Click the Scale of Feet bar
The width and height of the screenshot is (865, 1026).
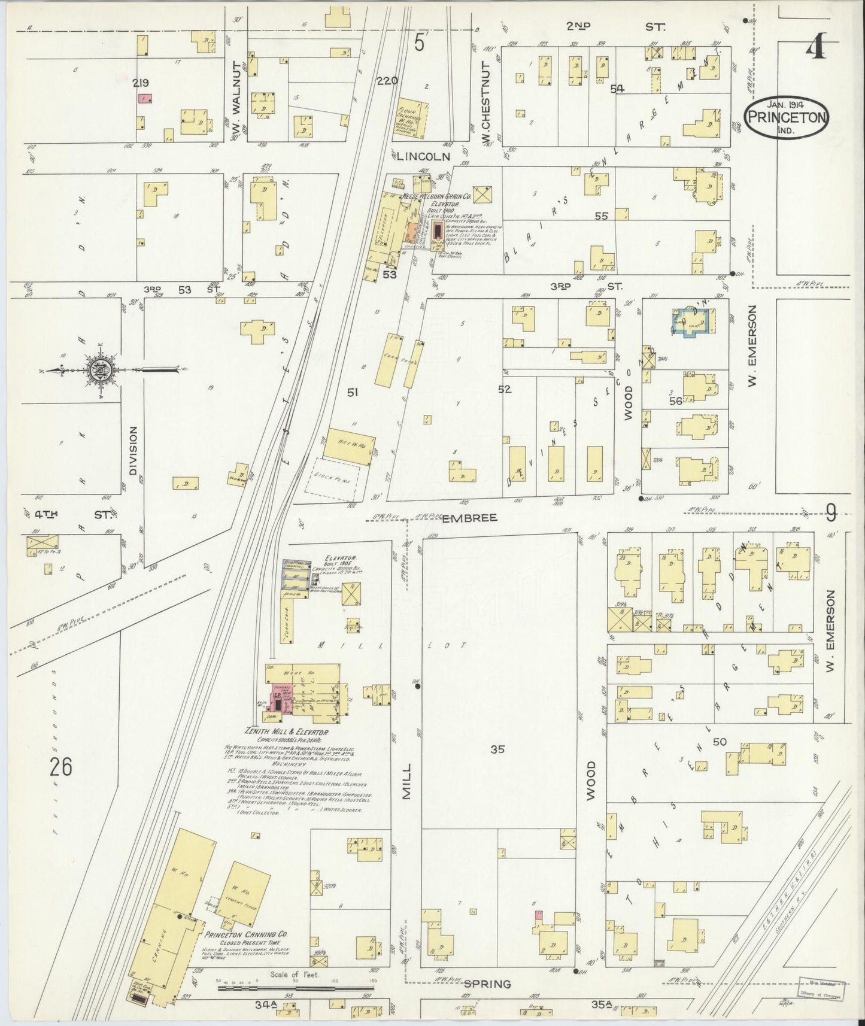[x=296, y=984]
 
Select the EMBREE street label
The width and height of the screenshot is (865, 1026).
[x=470, y=517]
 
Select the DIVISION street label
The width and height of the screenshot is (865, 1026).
[x=132, y=450]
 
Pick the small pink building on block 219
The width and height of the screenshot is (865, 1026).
[x=144, y=98]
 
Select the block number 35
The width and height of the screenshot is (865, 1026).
[x=498, y=749]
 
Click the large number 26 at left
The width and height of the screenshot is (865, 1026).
[x=61, y=766]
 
